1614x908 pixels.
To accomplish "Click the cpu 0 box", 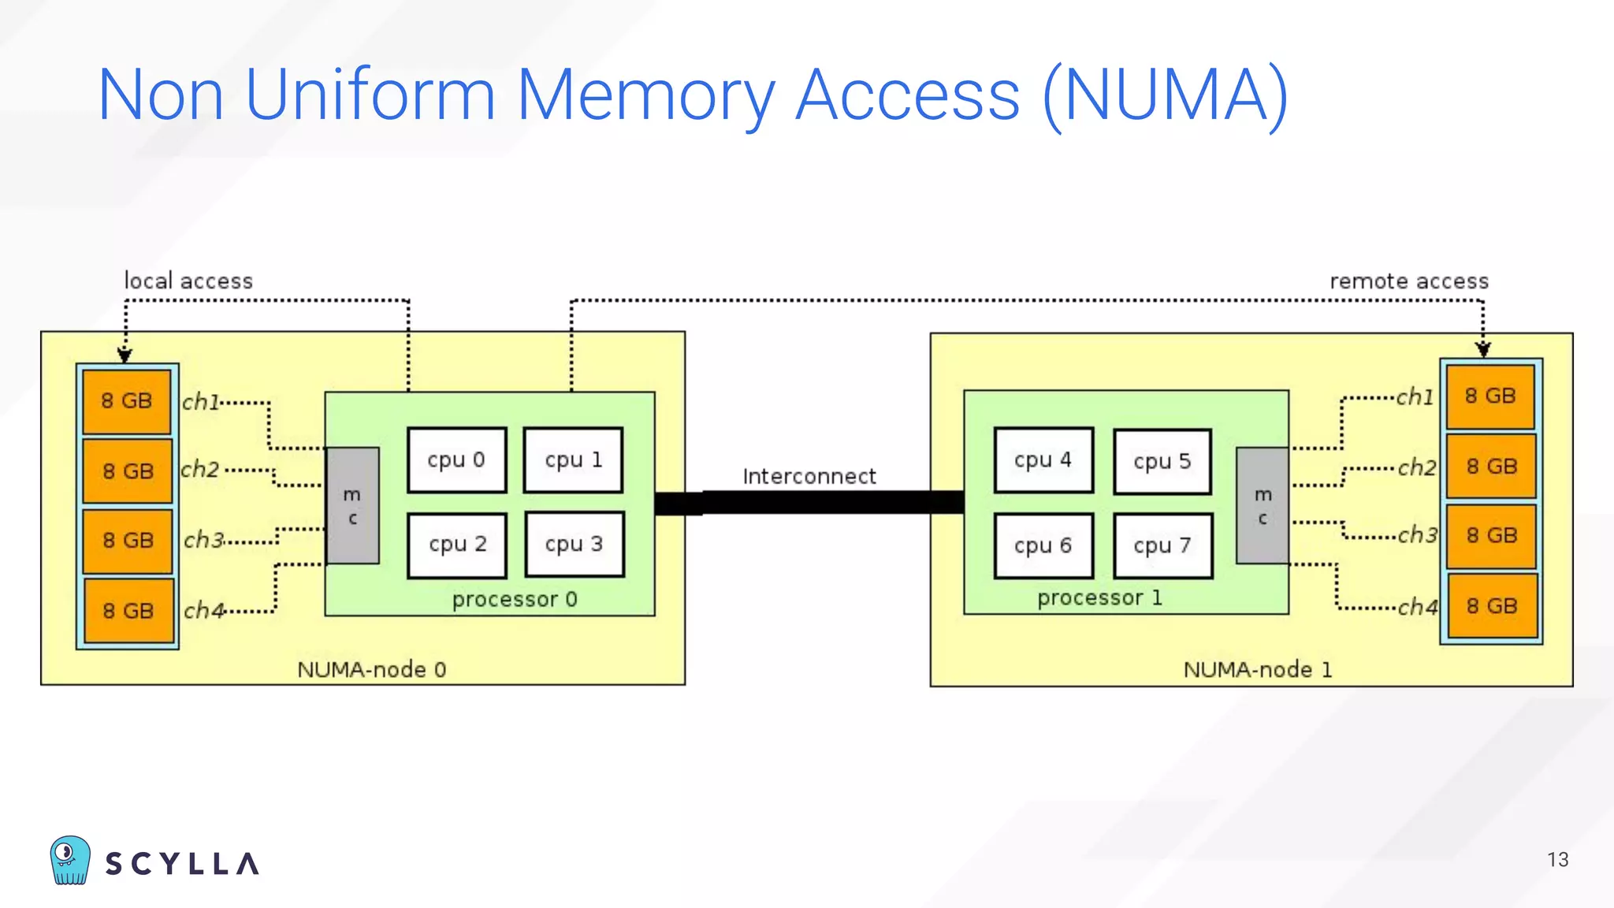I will pos(456,460).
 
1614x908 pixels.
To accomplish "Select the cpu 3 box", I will pos(574,545).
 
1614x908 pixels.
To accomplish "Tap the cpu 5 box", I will pos(1162,462).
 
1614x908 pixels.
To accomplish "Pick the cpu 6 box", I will pos(1043,545).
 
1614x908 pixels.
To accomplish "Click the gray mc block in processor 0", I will pos(352,506).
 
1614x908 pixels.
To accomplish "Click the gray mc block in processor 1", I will pos(1262,506).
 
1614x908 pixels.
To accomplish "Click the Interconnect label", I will pos(809,476).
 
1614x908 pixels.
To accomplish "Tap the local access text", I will pos(188,281).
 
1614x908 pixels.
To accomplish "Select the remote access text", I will pos(1408,281).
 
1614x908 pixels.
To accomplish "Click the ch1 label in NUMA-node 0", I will pos(200,402).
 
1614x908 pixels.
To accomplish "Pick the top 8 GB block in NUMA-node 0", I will pos(127,401).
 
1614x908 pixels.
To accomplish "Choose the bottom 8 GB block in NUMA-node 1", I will pos(1491,606).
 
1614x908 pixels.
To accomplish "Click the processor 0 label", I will pos(515,600).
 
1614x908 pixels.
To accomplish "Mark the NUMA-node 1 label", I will pos(1257,670).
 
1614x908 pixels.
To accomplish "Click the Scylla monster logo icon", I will pos(70,860).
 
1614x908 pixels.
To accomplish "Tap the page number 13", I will pos(1557,860).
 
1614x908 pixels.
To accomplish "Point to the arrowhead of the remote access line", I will pos(1482,349).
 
